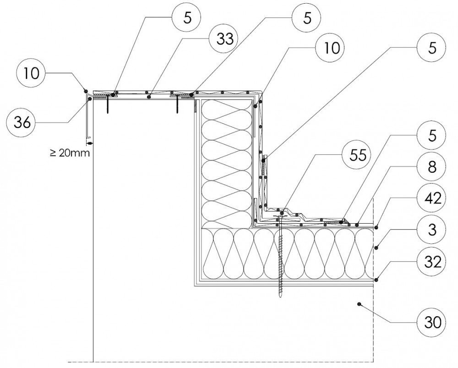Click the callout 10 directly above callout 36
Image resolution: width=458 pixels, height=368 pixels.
29,72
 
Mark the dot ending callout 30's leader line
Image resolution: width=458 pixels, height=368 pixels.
360,303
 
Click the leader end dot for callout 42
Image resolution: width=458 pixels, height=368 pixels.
376,226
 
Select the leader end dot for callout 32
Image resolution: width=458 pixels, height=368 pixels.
376,279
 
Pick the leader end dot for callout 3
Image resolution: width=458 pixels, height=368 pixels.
376,248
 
